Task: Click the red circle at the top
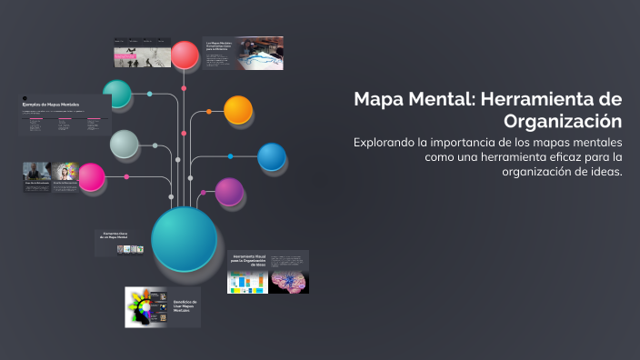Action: pos(185,55)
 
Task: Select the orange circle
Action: pos(238,110)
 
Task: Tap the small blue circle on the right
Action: pos(271,156)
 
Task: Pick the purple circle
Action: pos(229,192)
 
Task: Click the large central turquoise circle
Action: pos(185,239)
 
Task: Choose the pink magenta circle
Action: pos(91,176)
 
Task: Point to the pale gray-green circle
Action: pos(124,144)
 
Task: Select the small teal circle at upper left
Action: pos(117,94)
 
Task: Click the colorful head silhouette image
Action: pos(146,307)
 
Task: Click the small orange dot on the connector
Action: pos(209,112)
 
